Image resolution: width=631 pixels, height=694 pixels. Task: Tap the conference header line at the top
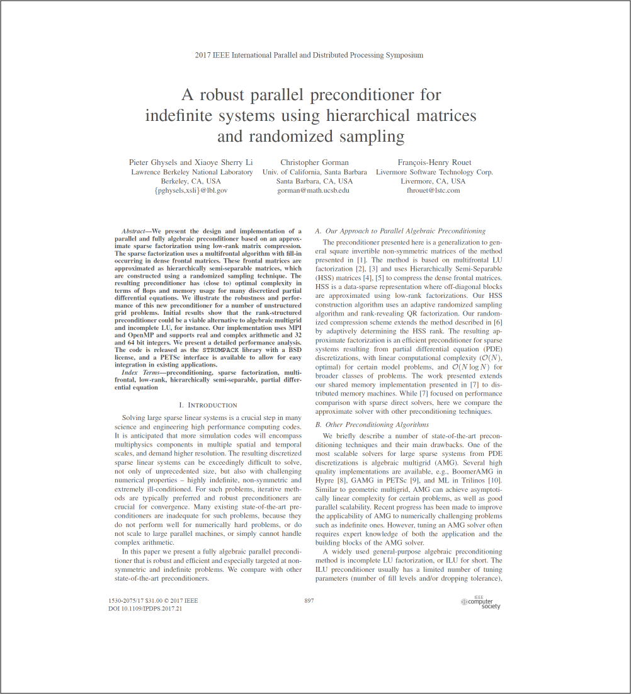(309, 55)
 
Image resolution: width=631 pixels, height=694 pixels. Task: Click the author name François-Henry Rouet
(435, 162)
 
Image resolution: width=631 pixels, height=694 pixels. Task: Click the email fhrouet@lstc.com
(434, 190)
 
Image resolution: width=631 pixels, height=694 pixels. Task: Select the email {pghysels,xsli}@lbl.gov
(191, 190)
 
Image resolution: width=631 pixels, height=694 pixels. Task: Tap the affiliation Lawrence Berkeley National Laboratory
(191, 172)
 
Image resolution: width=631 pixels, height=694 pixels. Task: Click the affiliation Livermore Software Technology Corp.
(435, 172)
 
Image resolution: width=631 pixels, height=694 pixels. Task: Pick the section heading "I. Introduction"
(208, 405)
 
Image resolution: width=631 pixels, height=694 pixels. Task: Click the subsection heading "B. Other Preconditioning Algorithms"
(372, 424)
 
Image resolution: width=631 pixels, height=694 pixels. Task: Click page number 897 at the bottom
(309, 600)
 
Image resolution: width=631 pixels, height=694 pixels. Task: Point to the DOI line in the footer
(145, 609)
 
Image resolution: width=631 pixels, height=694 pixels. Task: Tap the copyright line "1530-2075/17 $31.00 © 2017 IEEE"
(153, 601)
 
